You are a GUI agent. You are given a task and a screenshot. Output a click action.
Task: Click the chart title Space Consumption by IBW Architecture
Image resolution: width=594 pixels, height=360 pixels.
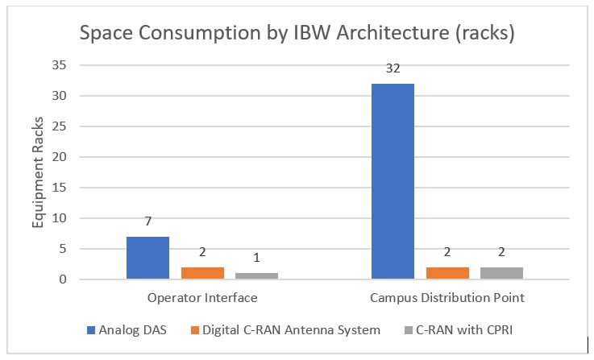(296, 35)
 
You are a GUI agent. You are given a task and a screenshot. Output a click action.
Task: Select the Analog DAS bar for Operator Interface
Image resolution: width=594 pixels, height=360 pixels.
(147, 258)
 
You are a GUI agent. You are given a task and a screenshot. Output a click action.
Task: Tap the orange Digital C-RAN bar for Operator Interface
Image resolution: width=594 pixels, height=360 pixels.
(202, 273)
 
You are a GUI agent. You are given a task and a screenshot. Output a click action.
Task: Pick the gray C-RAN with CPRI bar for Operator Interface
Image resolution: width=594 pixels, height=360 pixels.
(256, 276)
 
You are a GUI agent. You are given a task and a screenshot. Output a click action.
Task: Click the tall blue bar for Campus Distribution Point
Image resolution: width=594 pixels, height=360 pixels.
(393, 181)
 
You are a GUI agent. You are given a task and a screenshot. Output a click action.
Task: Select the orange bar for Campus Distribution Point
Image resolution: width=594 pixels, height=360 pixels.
(447, 273)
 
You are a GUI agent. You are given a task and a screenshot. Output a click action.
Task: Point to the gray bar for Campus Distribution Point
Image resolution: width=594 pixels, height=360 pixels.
(501, 273)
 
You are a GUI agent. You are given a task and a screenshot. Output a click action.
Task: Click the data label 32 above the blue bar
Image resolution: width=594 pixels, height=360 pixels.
(393, 70)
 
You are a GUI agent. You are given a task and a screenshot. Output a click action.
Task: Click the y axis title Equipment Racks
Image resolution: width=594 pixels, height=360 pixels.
(38, 172)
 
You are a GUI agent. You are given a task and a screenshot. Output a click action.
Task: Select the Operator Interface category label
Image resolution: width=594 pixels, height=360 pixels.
(202, 298)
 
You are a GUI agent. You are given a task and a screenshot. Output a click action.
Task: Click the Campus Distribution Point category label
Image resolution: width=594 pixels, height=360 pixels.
(447, 298)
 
